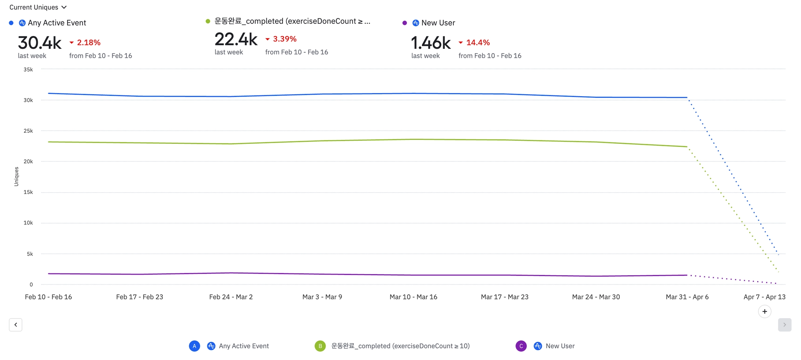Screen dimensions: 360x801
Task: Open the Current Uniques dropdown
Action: coord(38,7)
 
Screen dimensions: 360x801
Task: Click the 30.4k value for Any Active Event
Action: coord(40,43)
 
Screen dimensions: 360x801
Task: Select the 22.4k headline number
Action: coord(236,39)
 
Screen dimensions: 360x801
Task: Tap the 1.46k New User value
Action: coord(431,43)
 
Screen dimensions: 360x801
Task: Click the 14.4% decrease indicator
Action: coord(478,43)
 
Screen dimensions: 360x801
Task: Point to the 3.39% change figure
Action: coord(284,39)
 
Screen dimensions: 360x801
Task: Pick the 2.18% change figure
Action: coord(88,43)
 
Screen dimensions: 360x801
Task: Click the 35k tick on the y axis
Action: coord(28,70)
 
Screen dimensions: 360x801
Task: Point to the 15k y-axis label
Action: coord(28,192)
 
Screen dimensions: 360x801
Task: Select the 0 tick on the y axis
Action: coord(31,285)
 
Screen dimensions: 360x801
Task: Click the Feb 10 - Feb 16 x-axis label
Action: coord(48,297)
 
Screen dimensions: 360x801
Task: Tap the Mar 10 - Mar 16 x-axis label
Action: coord(413,297)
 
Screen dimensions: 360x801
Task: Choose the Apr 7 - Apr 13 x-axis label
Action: coord(764,297)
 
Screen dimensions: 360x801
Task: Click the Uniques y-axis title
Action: coord(16,177)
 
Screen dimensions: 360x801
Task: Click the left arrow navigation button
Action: coord(16,325)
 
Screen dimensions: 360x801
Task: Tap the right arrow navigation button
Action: coord(785,325)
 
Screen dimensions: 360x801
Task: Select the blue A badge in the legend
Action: coord(194,346)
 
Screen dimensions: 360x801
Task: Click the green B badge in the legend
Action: coord(320,346)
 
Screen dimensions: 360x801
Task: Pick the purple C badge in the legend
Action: coord(521,346)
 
